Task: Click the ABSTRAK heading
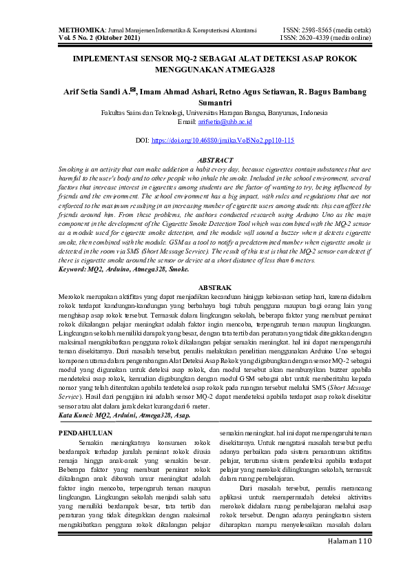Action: (215, 287)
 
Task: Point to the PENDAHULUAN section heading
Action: (85, 432)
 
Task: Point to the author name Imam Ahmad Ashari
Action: (177, 91)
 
